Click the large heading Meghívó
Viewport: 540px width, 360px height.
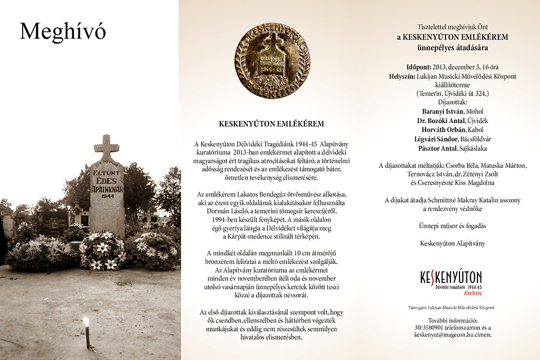pyautogui.click(x=63, y=32)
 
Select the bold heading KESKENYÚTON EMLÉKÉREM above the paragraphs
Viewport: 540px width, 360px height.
pyautogui.click(x=272, y=124)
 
